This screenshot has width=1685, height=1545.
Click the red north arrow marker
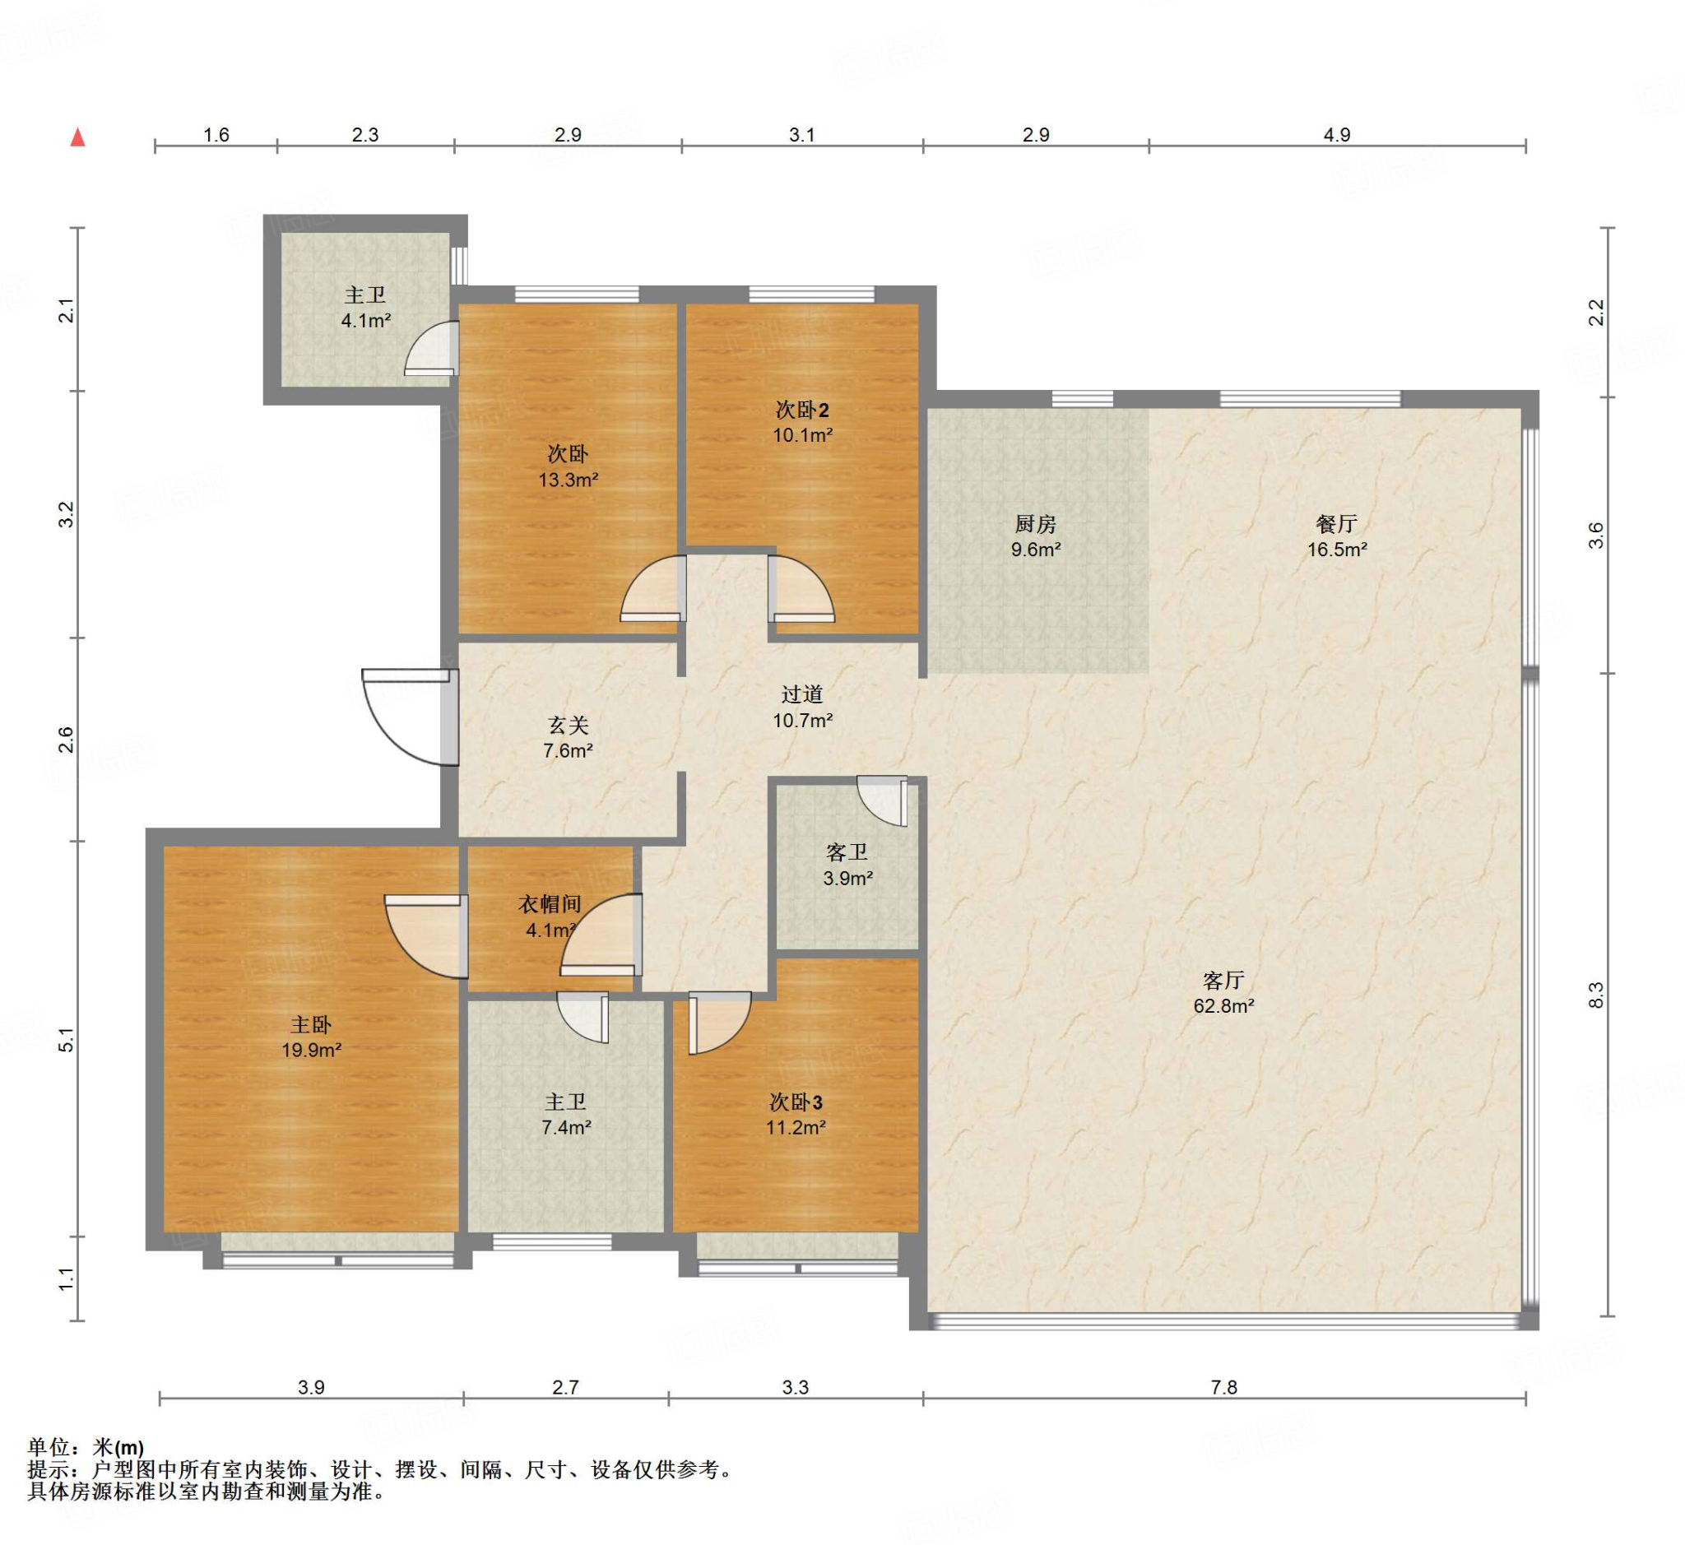tap(78, 137)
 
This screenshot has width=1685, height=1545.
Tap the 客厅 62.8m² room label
tap(1223, 992)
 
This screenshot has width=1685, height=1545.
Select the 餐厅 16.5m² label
tap(1336, 536)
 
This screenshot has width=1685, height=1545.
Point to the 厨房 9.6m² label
tap(1035, 536)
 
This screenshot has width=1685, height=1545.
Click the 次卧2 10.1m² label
tap(802, 421)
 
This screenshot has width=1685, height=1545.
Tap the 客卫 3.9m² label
tap(847, 865)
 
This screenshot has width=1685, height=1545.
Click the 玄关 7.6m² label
tap(568, 737)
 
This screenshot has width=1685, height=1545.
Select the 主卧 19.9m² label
tap(311, 1037)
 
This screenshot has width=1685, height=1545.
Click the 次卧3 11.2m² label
tap(796, 1115)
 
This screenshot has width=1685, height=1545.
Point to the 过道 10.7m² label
tap(802, 707)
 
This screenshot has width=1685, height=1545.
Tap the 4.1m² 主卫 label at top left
tap(365, 307)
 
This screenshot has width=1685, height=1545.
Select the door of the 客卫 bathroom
tap(882, 801)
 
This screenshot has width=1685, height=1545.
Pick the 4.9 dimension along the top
tap(1336, 135)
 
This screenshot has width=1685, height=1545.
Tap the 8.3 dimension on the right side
tap(1595, 994)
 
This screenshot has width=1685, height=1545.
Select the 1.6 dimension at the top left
tap(216, 135)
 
